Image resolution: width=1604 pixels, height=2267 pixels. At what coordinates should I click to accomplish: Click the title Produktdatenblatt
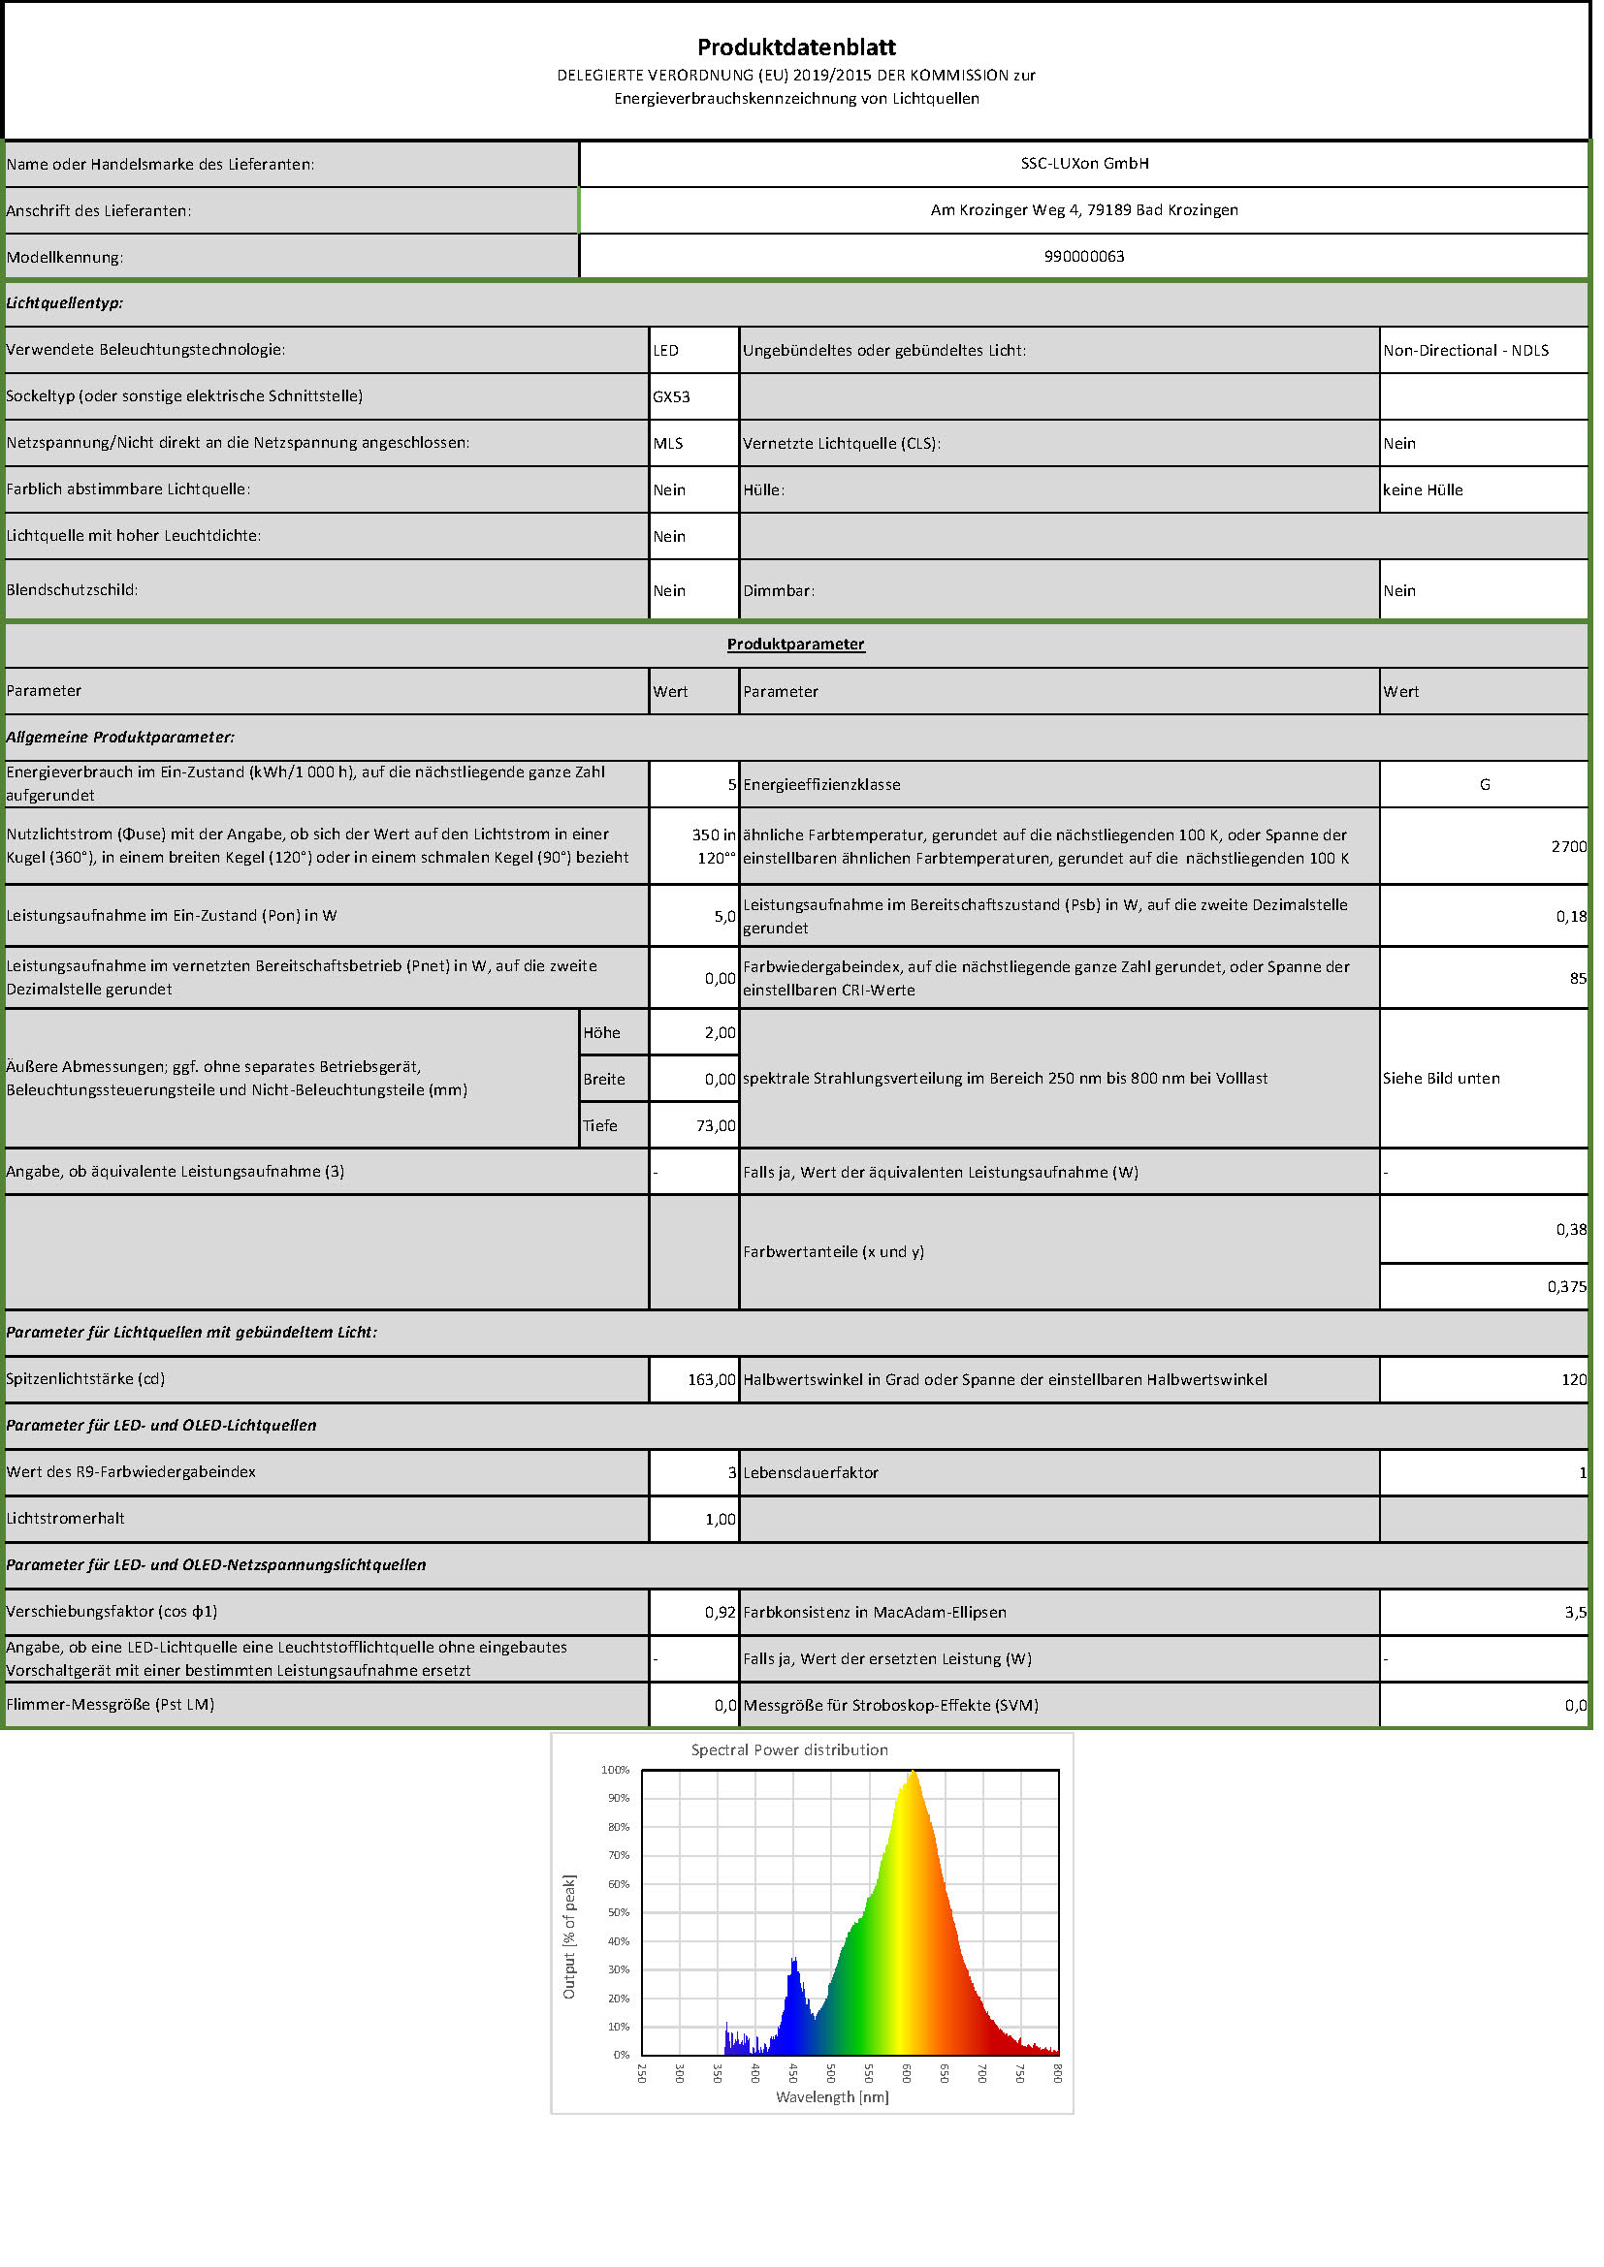(x=796, y=47)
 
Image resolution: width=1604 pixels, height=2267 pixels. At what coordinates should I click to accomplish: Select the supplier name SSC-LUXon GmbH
(x=1084, y=163)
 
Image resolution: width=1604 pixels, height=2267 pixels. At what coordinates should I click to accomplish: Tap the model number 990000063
(x=1083, y=256)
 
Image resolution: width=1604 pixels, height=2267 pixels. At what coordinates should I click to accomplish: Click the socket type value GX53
(x=672, y=397)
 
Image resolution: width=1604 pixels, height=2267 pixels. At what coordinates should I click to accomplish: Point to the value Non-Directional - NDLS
(x=1465, y=351)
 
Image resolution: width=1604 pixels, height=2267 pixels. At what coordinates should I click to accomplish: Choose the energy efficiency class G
(x=1484, y=784)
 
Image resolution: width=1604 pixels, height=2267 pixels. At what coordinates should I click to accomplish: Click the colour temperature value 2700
(x=1568, y=846)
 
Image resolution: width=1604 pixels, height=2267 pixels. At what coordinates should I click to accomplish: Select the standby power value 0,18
(x=1570, y=916)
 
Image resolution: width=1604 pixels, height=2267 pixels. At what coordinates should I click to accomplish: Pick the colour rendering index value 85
(x=1578, y=979)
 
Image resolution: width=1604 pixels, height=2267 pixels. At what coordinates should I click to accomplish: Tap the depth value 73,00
(x=716, y=1125)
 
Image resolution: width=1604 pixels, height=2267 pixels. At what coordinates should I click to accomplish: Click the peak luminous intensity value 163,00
(x=711, y=1379)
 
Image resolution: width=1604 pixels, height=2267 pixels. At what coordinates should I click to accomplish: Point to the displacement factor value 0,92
(x=720, y=1613)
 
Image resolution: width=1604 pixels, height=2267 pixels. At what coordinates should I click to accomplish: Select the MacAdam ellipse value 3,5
(x=1574, y=1613)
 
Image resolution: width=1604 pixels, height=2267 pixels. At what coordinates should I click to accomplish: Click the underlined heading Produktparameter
(x=796, y=644)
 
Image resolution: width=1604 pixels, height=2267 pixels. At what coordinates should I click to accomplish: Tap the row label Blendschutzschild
(x=72, y=589)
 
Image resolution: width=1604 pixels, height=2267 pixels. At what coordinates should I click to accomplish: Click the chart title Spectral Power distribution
(x=789, y=1749)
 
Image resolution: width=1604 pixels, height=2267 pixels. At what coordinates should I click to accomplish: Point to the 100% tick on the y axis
(x=616, y=1770)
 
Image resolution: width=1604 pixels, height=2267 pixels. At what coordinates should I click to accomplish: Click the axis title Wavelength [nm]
(x=832, y=2096)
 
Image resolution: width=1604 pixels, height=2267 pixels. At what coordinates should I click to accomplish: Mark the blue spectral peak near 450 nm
(x=794, y=1961)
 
